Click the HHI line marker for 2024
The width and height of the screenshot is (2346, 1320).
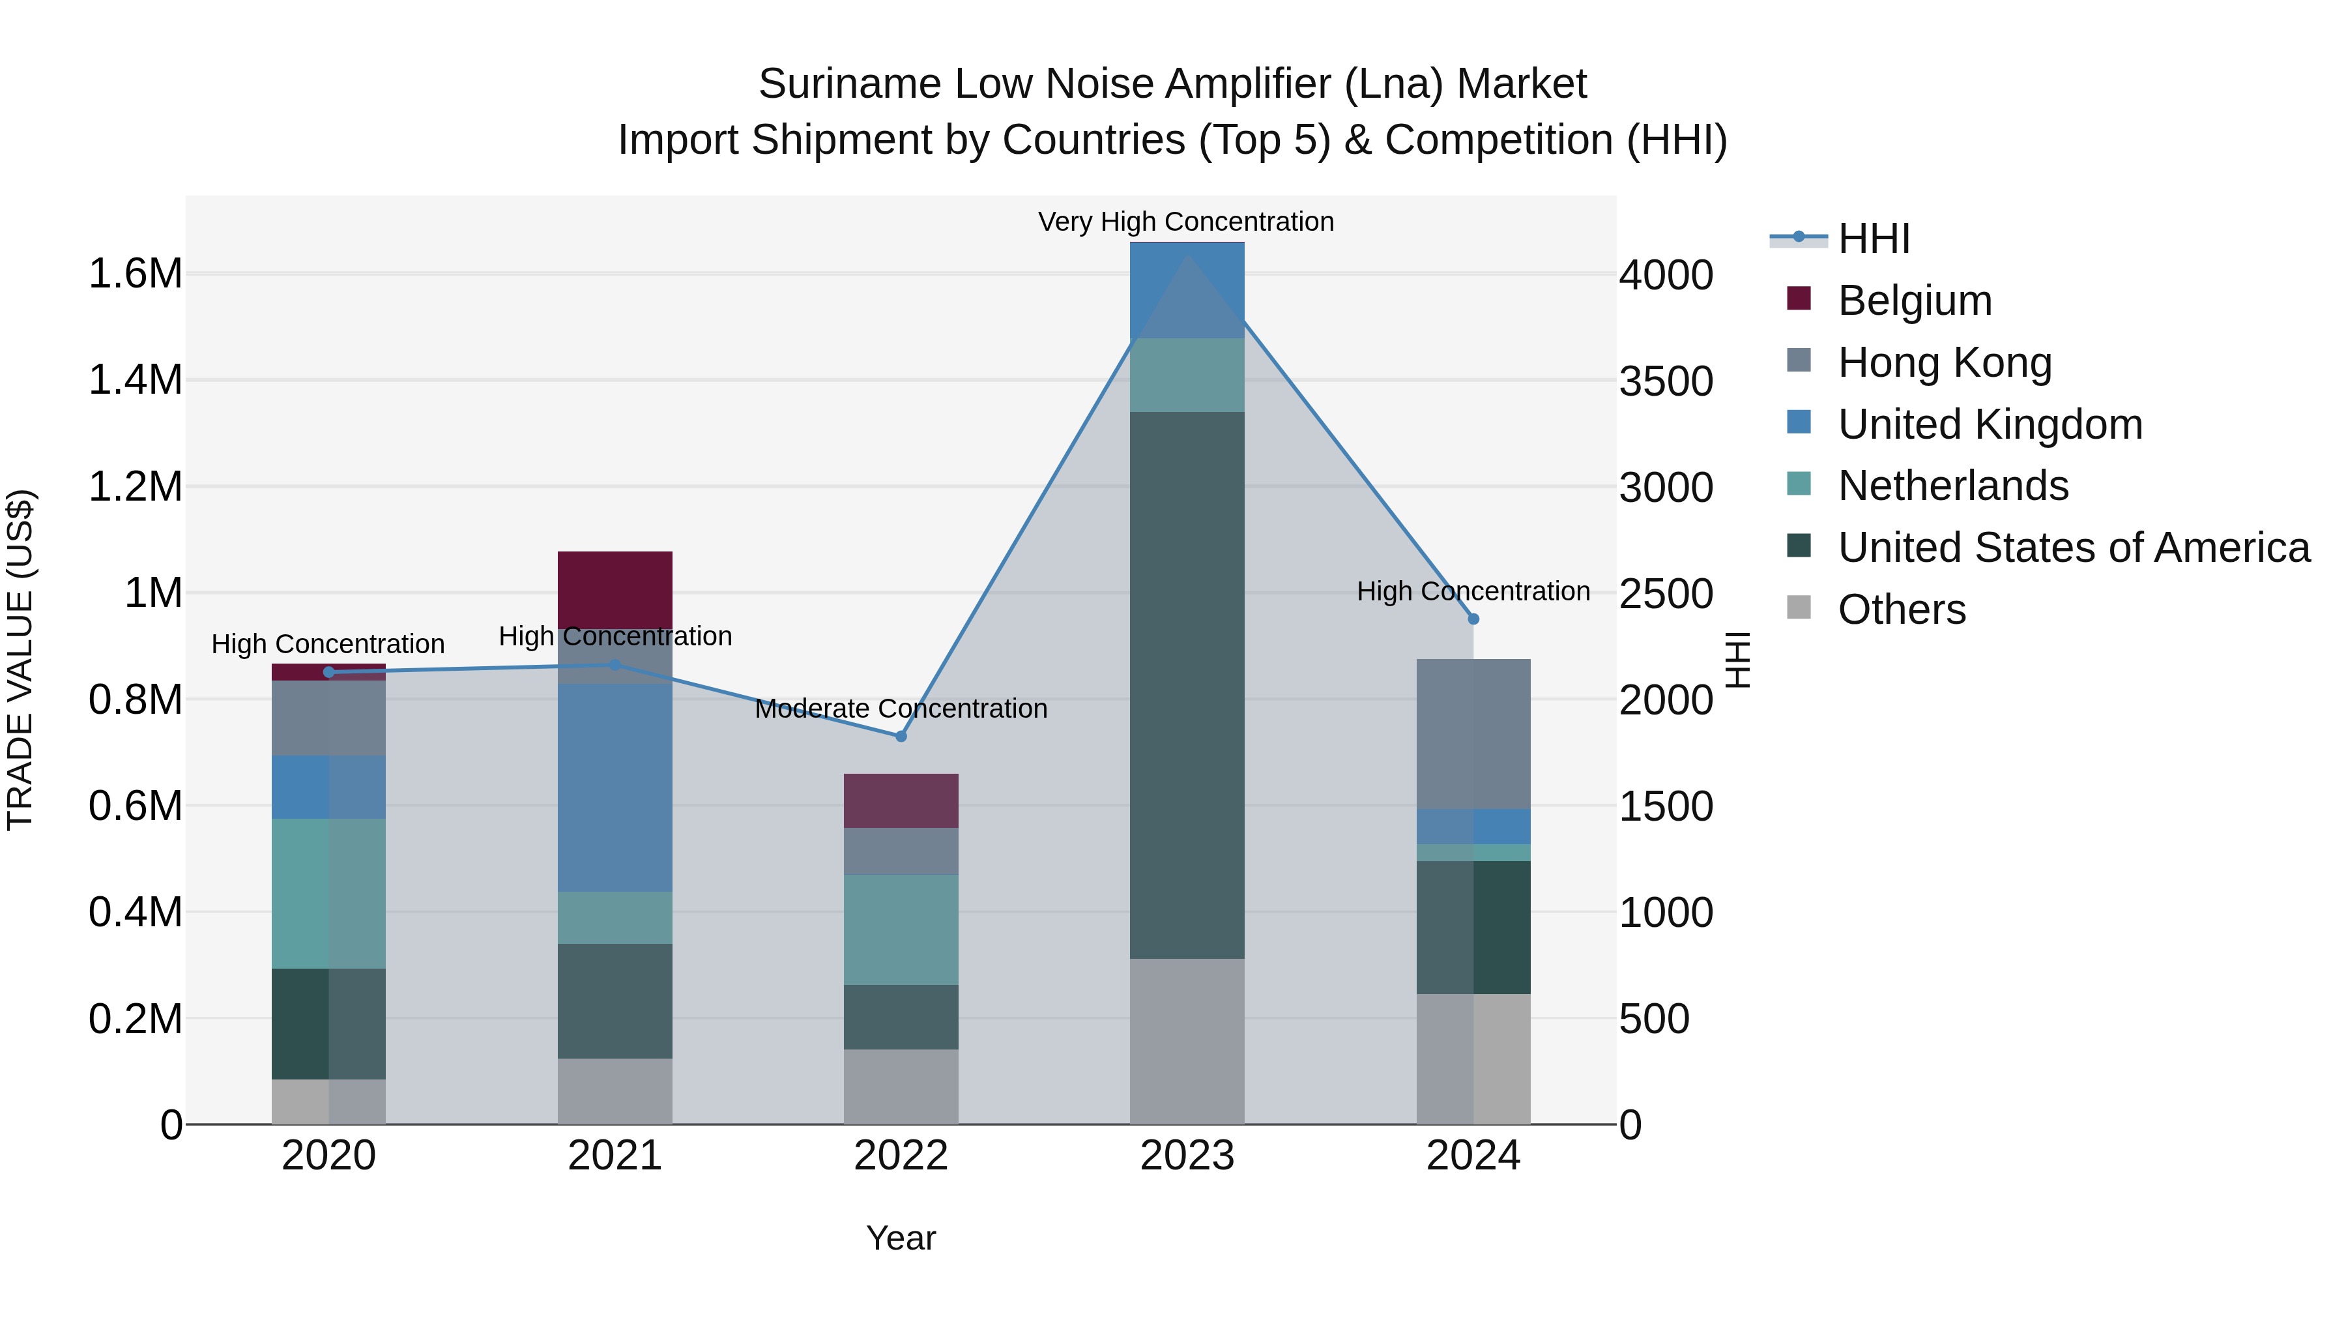(x=1473, y=619)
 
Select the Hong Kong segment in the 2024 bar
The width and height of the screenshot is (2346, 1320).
(x=1473, y=733)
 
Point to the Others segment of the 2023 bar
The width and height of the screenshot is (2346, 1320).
(x=1187, y=1040)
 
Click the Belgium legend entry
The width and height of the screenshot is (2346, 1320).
(x=1915, y=301)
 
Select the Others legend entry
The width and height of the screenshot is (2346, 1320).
(x=1902, y=609)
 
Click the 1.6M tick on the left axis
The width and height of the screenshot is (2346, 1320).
(x=135, y=273)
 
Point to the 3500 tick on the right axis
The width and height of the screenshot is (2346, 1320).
(x=1666, y=381)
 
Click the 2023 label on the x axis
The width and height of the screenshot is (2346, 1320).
(x=1187, y=1156)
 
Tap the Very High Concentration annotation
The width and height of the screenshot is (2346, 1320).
(x=1186, y=222)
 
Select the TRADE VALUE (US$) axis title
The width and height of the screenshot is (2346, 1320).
(x=20, y=660)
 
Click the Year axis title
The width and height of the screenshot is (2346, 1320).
(x=901, y=1238)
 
